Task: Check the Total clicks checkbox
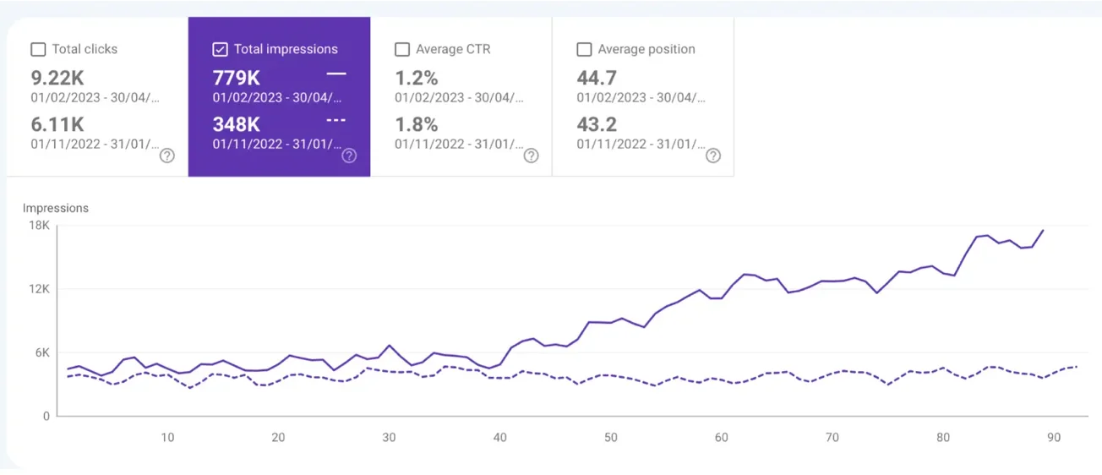click(38, 50)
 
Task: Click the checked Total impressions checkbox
click(221, 50)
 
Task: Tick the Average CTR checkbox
click(402, 50)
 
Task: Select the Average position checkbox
click(584, 50)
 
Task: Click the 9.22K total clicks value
click(57, 78)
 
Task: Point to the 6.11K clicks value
click(57, 124)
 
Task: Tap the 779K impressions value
click(237, 78)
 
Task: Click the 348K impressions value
click(237, 124)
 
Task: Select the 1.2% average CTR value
click(417, 78)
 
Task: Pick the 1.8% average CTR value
click(417, 124)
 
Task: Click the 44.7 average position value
click(597, 78)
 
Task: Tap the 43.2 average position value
click(597, 124)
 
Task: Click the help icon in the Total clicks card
click(167, 156)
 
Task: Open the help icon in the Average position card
click(713, 156)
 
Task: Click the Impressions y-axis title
click(56, 208)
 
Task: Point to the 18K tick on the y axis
click(40, 226)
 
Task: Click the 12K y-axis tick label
click(40, 289)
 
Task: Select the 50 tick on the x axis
click(610, 437)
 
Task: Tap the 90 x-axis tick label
click(1053, 437)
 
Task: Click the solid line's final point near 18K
click(1043, 230)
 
